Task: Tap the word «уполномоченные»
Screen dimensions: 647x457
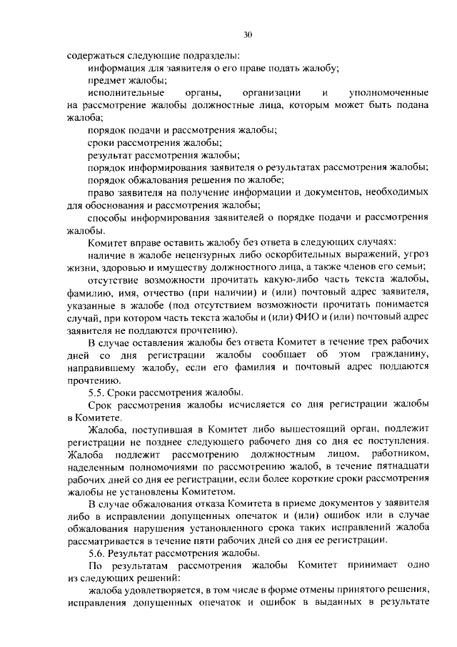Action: tap(388, 93)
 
